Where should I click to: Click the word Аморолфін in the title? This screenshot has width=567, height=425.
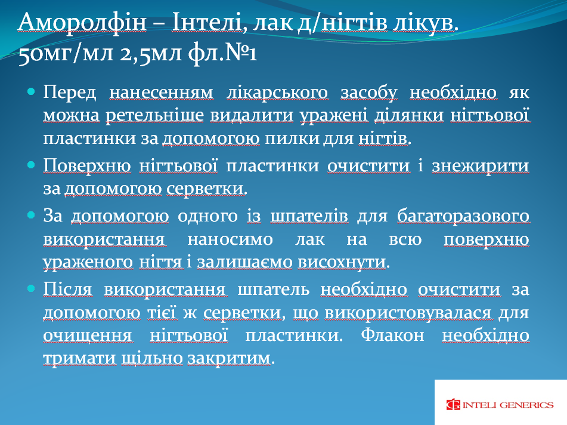tap(82, 23)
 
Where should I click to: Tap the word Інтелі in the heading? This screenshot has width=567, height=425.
tap(206, 23)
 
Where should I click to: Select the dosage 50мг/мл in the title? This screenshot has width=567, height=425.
tap(66, 53)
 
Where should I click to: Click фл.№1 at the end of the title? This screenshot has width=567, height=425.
tap(222, 53)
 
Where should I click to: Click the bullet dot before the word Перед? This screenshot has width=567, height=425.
tap(31, 91)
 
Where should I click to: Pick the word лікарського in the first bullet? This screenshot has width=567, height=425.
tap(278, 93)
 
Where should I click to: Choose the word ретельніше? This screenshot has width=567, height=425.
tap(155, 115)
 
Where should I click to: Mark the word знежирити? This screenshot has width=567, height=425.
tap(481, 166)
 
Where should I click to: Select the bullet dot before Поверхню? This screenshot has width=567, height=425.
tap(31, 165)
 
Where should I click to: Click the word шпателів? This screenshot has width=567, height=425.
tap(309, 216)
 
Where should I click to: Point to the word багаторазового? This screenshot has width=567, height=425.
tap(463, 216)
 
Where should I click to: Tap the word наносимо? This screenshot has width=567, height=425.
tap(230, 239)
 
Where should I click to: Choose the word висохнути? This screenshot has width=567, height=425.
tap(342, 262)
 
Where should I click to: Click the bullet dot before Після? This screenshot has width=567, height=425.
tap(31, 288)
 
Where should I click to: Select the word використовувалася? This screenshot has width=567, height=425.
tap(408, 313)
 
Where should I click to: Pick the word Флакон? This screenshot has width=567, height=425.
tap(392, 335)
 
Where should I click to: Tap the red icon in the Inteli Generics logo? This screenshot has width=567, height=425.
tap(453, 405)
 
